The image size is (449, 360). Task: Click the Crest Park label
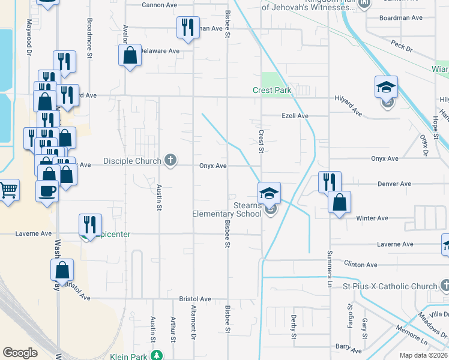[271, 91]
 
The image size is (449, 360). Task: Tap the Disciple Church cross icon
[170, 160]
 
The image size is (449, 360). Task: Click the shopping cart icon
[8, 191]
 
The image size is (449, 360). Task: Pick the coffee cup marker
[47, 192]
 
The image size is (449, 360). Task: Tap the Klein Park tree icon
[157, 355]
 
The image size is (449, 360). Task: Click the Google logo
[20, 353]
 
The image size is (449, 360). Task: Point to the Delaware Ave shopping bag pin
[130, 56]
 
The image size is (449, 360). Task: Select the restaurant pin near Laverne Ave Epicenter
[90, 225]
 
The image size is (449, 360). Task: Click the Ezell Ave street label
[295, 116]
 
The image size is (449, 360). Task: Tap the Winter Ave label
[373, 218]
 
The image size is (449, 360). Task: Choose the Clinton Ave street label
[361, 265]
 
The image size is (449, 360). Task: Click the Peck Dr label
[399, 44]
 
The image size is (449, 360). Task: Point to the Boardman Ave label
[401, 18]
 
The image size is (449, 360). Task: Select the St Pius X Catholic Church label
[390, 287]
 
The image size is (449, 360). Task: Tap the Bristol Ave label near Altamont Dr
[195, 299]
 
